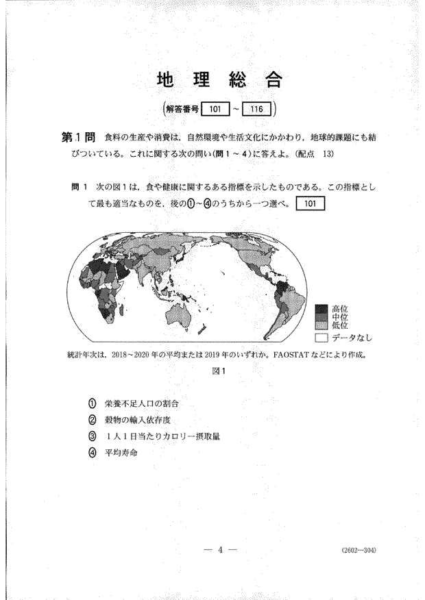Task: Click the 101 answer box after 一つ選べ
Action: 308,204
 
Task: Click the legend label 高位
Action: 340,308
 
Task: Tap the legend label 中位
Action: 340,317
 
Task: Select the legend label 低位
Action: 340,326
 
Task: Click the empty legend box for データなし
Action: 321,338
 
